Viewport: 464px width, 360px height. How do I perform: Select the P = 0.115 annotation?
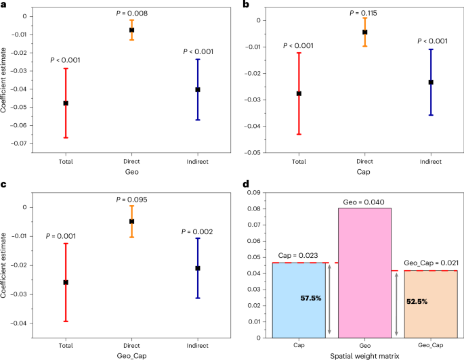[364, 13]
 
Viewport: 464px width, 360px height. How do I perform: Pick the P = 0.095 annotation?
[131, 200]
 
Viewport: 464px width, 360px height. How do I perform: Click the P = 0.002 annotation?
[198, 232]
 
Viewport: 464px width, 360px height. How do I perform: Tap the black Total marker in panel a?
[66, 103]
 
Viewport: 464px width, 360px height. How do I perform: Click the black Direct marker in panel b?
[364, 32]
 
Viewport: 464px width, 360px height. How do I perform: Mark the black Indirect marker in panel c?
[198, 268]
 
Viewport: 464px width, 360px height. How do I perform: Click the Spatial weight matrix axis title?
[364, 355]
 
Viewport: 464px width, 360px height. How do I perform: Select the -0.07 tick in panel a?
[26, 143]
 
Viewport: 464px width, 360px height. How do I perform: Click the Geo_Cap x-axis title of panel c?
[131, 355]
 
